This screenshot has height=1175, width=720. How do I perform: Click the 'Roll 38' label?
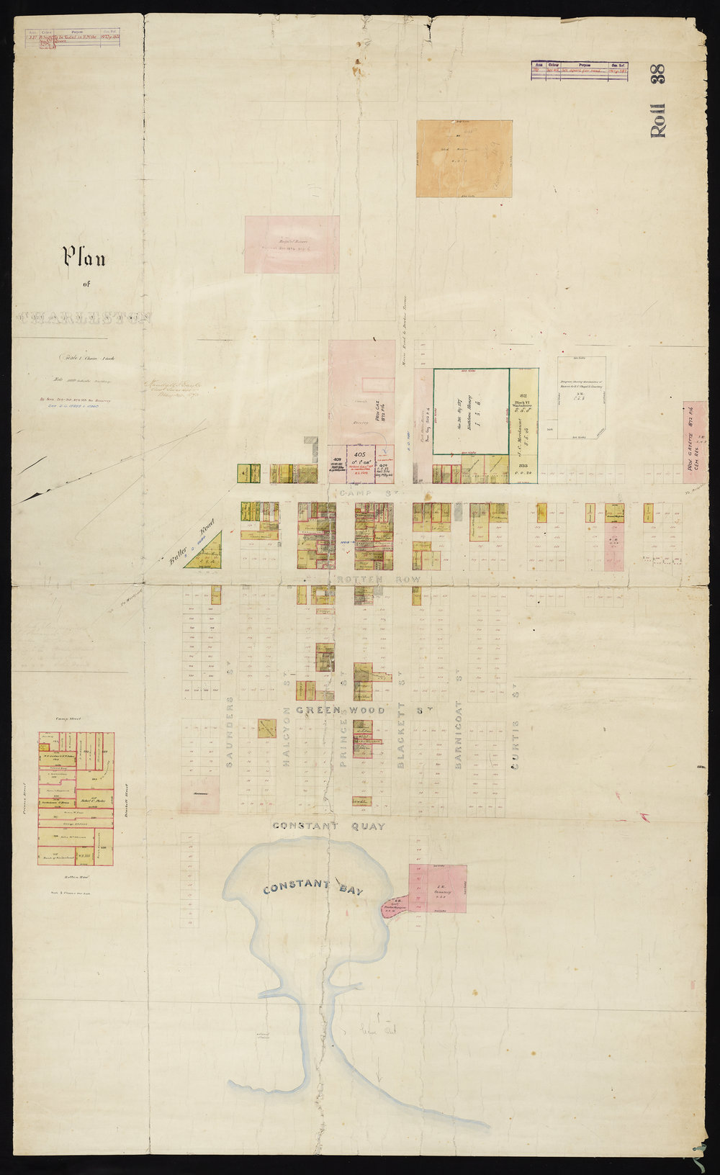click(659, 101)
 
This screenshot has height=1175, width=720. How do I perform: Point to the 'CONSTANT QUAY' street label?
click(329, 826)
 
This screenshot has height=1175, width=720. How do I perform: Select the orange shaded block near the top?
click(464, 158)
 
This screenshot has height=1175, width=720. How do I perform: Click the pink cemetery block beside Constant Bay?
click(438, 888)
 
